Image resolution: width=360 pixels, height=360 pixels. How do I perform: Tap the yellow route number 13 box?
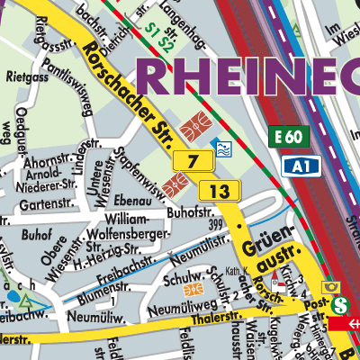click(220, 191)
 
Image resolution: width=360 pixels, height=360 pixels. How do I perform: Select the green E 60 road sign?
click(288, 137)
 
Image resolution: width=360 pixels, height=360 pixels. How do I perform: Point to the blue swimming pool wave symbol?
click(221, 147)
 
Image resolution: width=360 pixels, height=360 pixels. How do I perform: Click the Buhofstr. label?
click(188, 212)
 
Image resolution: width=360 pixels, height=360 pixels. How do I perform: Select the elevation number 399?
click(214, 222)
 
